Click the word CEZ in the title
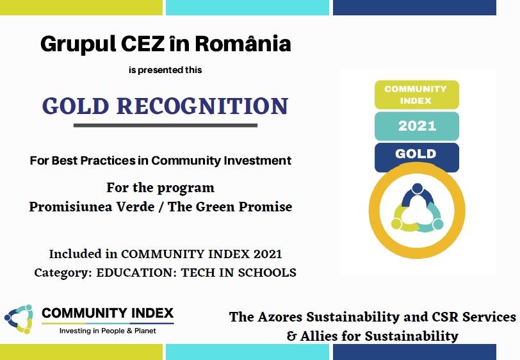coord(143,44)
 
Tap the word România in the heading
coord(243,43)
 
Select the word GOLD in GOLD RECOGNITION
coord(76,106)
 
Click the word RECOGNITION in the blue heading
coord(202,106)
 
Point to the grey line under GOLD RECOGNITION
coord(165,126)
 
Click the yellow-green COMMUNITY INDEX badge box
coord(417,95)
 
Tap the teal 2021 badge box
coord(417,126)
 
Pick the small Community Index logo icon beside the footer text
coord(19,319)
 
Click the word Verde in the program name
coord(136,207)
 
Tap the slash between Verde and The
coord(161,207)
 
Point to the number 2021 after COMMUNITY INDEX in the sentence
coord(268,254)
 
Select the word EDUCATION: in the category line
coord(136,272)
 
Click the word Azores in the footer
coord(280,317)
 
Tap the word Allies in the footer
coord(319,336)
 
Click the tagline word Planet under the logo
coord(145,331)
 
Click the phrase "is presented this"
coord(165,70)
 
